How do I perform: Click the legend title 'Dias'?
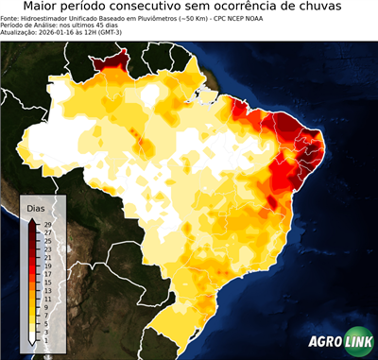(36, 207)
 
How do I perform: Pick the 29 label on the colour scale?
(47, 224)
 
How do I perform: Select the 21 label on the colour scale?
(47, 256)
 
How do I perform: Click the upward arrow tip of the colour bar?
(33, 219)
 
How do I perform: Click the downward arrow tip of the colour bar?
(33, 341)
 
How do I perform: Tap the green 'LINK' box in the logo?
(357, 343)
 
